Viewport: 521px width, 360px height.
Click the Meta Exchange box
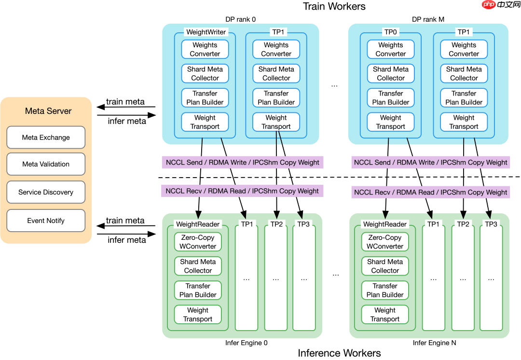pyautogui.click(x=46, y=138)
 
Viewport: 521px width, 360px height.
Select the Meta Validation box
pyautogui.click(x=46, y=164)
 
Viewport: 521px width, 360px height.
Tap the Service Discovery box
pyautogui.click(x=46, y=192)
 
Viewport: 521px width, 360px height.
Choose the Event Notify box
pyautogui.click(x=46, y=221)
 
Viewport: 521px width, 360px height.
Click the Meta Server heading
pyautogui.click(x=48, y=111)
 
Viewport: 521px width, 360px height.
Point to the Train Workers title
pyautogui.click(x=334, y=6)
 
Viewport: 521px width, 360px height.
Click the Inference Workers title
pyautogui.click(x=339, y=353)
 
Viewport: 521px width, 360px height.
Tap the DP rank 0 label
pyautogui.click(x=240, y=20)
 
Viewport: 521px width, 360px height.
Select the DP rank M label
pyautogui.click(x=428, y=20)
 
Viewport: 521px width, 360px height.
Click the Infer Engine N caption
pyautogui.click(x=434, y=343)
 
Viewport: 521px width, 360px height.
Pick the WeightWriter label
pyautogui.click(x=206, y=32)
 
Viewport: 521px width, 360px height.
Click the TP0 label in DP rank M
pyautogui.click(x=391, y=32)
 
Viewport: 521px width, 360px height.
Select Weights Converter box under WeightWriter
pyautogui.click(x=205, y=49)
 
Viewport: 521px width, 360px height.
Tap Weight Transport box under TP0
pyautogui.click(x=391, y=122)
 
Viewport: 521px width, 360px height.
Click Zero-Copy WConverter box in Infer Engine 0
pyautogui.click(x=198, y=242)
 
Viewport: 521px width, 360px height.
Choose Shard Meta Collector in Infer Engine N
pyautogui.click(x=385, y=266)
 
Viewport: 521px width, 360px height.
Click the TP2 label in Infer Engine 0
pyautogui.click(x=276, y=224)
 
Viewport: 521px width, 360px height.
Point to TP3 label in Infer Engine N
pyautogui.click(x=491, y=224)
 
